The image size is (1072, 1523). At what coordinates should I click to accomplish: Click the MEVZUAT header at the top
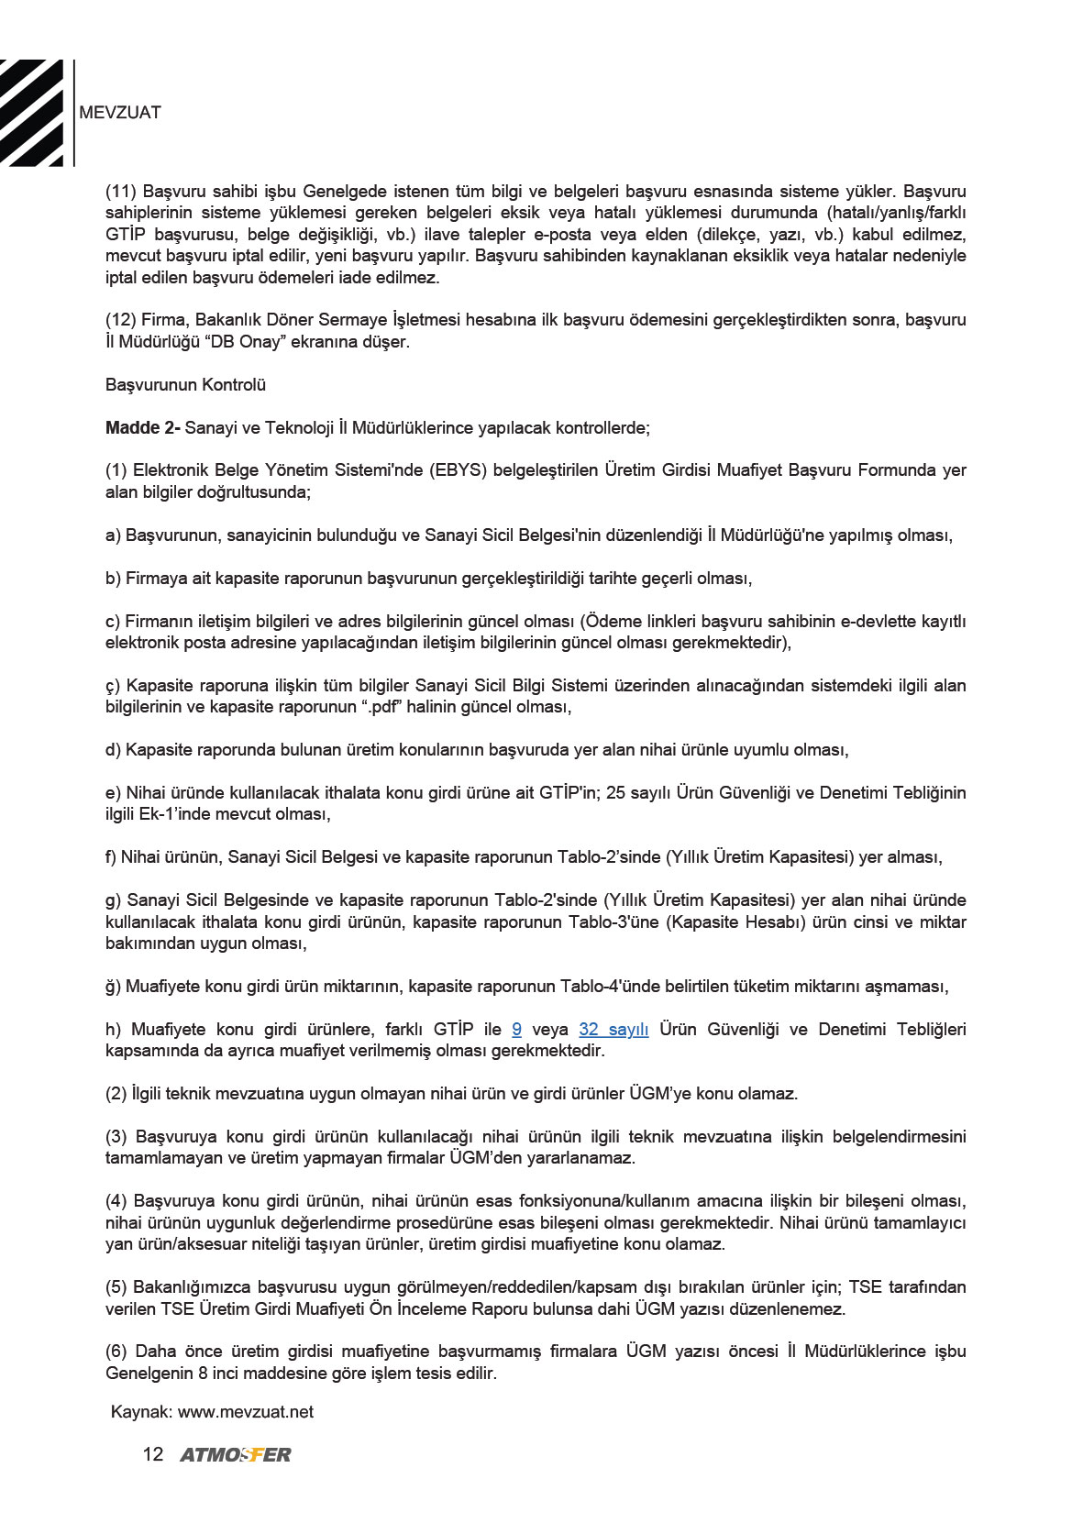click(120, 113)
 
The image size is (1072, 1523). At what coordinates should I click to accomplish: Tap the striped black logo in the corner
click(32, 113)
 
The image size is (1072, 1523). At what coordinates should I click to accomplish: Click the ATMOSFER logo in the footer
click(235, 1454)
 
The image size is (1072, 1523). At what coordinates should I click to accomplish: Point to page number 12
click(153, 1454)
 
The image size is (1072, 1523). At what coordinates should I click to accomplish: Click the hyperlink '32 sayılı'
click(613, 1030)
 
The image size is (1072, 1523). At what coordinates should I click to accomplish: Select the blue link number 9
click(516, 1030)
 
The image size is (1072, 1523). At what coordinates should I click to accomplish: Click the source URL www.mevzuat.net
click(246, 1412)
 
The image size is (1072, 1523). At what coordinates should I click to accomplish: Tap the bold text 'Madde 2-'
click(142, 428)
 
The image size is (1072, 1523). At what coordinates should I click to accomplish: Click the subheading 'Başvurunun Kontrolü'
click(185, 385)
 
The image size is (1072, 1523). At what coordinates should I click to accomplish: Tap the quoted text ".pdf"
click(392, 707)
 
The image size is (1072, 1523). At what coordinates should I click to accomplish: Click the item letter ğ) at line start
click(113, 988)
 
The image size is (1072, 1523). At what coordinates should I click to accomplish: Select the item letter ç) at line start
click(113, 686)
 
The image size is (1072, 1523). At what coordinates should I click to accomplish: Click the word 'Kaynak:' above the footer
click(141, 1412)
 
